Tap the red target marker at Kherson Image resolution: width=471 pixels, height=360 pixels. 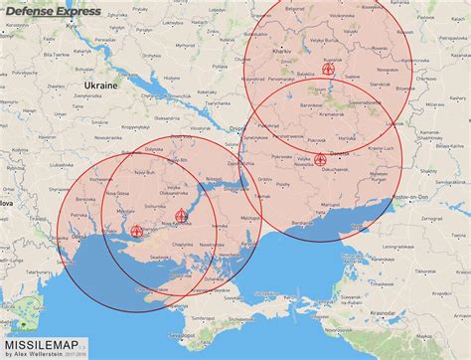click(x=136, y=231)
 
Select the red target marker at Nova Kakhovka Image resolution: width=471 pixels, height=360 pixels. click(x=180, y=216)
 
